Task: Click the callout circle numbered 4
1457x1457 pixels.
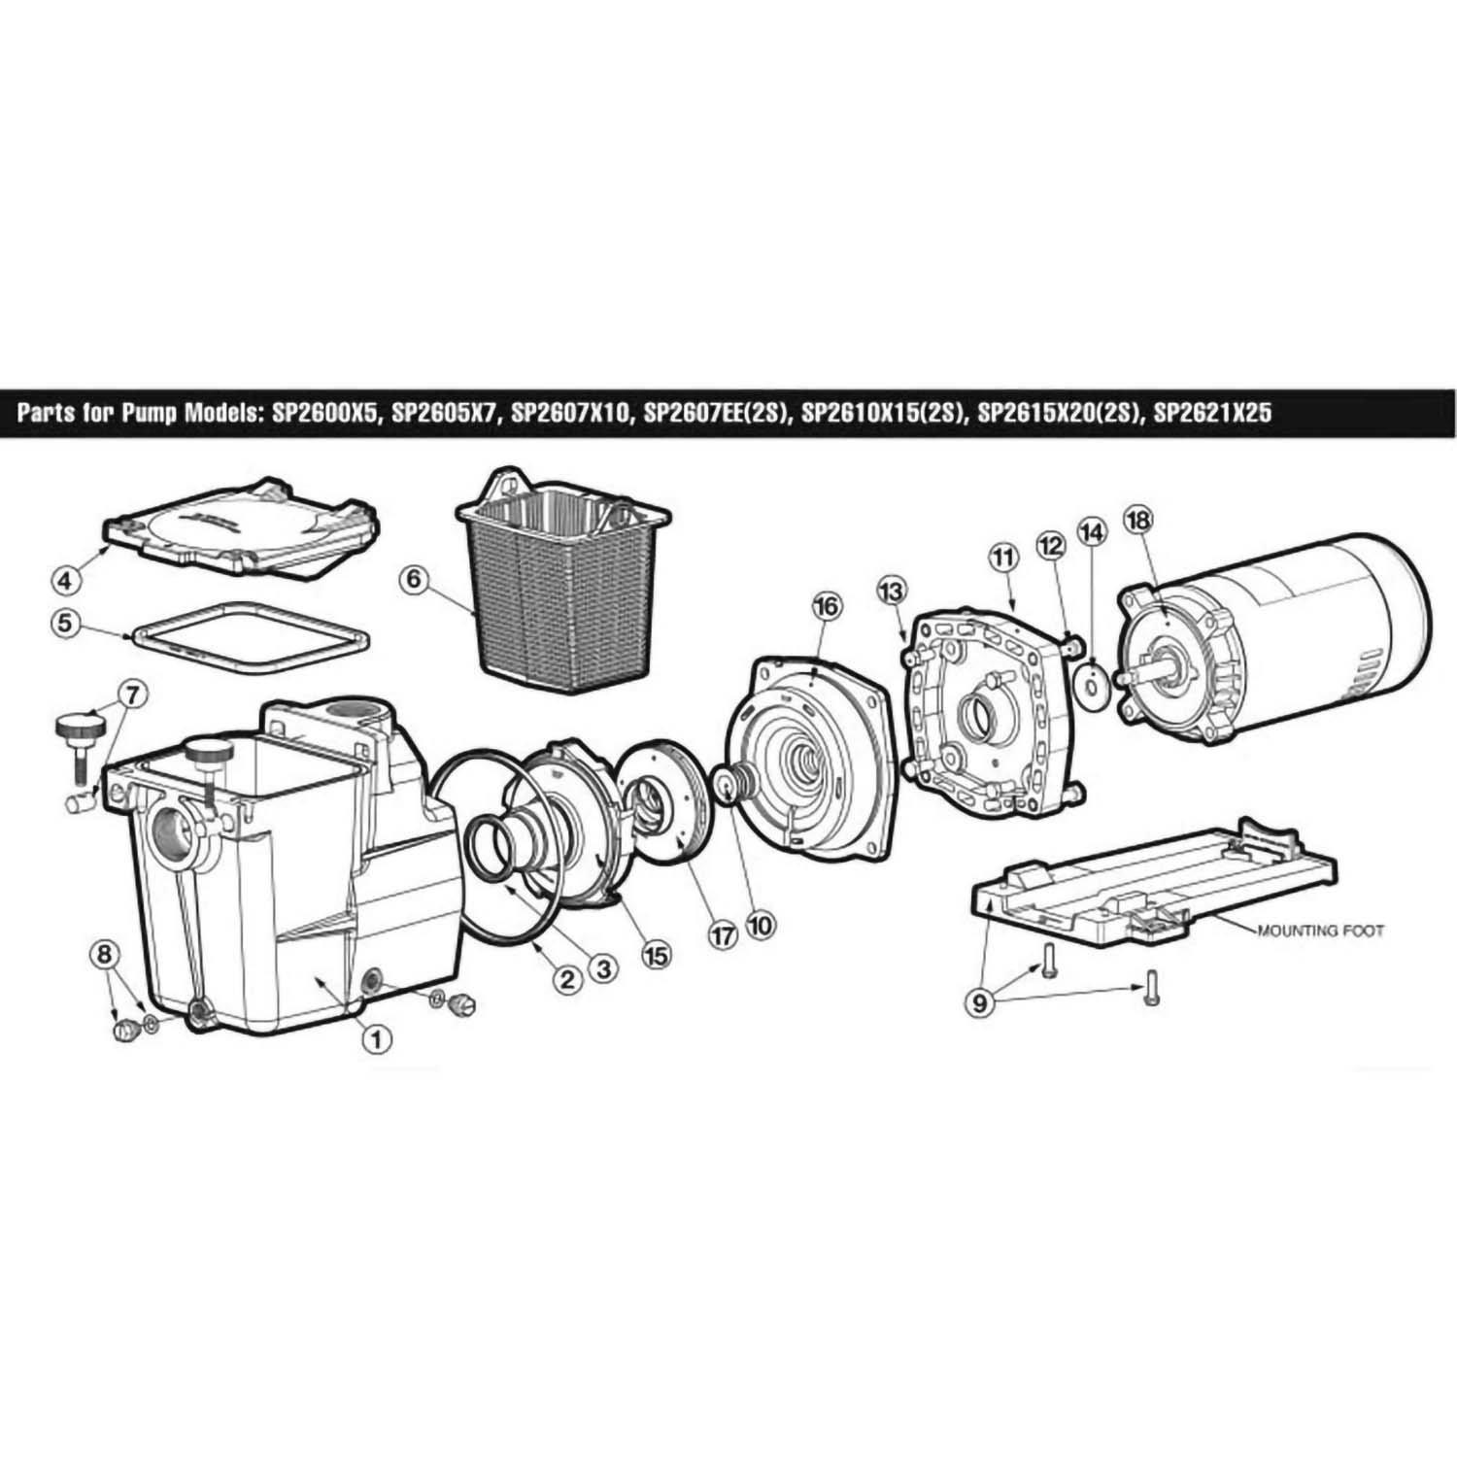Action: pos(66,582)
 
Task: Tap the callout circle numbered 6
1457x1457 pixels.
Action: pos(412,580)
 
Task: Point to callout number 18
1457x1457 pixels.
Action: pos(1136,521)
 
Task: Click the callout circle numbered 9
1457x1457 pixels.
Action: pos(979,1002)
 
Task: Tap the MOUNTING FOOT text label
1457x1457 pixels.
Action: pos(1320,930)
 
